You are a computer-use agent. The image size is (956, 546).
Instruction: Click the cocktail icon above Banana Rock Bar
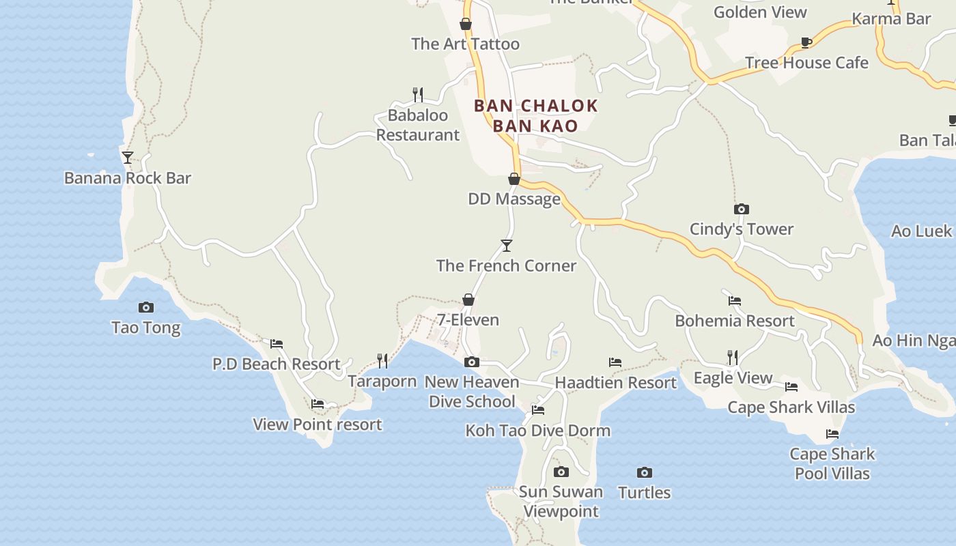[x=128, y=158]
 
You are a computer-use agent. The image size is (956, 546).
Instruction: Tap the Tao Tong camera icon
[x=146, y=307]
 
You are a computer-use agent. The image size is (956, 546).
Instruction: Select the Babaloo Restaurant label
[x=418, y=125]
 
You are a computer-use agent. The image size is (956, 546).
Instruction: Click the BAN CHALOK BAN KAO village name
[x=535, y=115]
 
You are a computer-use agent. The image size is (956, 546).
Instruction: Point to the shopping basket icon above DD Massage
[x=514, y=179]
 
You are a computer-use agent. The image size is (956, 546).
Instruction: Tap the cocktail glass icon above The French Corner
[x=506, y=245]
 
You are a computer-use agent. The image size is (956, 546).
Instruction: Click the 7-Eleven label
[x=468, y=319]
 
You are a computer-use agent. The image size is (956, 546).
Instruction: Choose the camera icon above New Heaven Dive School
[x=472, y=362]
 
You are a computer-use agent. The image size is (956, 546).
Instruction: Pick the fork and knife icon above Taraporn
[x=382, y=360]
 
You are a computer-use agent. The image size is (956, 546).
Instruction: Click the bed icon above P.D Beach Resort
[x=277, y=343]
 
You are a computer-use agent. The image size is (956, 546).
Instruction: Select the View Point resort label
[x=318, y=425]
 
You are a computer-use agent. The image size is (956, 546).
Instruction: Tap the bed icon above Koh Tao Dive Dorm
[x=538, y=410]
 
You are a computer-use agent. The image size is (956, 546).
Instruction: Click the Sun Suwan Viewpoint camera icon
[x=561, y=472]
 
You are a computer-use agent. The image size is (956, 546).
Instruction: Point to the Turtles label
[x=644, y=492]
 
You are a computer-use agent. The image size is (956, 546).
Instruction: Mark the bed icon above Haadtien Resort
[x=615, y=362]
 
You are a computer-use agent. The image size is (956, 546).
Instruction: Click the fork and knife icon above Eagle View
[x=733, y=357]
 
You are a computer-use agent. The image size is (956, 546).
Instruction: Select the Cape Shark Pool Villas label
[x=832, y=463]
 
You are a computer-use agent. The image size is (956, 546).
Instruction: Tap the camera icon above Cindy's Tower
[x=742, y=209]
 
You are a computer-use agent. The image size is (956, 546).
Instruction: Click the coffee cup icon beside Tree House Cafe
[x=806, y=42]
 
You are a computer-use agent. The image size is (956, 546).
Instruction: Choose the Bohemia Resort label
[x=735, y=321]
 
